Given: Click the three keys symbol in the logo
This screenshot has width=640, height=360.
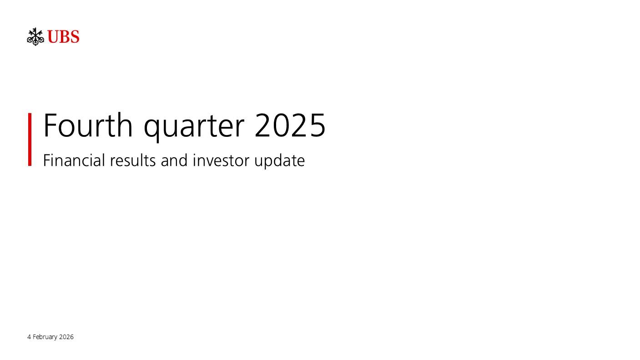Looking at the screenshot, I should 35,36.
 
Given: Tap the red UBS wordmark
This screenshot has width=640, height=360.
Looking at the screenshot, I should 63,37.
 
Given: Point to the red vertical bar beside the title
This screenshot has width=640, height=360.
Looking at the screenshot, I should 30,139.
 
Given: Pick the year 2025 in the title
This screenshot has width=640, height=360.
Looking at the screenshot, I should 290,125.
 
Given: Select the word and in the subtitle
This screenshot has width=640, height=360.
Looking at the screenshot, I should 174,160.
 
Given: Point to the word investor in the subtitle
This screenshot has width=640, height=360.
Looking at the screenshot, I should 221,160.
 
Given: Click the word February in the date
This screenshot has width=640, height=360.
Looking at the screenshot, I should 45,337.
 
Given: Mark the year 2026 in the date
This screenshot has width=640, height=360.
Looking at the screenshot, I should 66,337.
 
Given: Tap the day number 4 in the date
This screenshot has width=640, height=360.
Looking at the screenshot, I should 29,337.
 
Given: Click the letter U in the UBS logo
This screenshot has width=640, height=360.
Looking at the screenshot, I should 53,37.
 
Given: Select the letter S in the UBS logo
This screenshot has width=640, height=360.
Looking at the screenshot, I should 74,37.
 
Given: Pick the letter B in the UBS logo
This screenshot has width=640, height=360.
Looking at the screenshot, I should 64,37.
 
